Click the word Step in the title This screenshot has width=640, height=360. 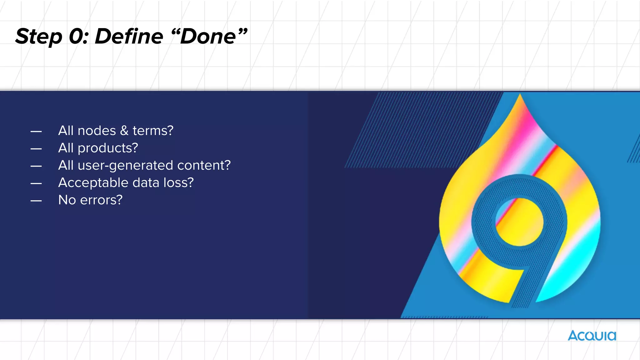[x=39, y=37]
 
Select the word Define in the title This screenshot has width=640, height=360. [x=129, y=36]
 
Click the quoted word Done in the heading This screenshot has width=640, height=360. [x=208, y=36]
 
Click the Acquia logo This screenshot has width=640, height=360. [x=592, y=336]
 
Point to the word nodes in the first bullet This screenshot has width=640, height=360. [x=97, y=131]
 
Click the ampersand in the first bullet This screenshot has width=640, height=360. [x=124, y=131]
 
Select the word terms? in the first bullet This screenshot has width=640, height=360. [x=153, y=131]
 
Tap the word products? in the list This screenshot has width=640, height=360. [x=107, y=148]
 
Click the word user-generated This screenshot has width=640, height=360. [x=125, y=165]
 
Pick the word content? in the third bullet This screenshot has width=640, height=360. [x=204, y=165]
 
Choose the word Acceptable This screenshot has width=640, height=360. [x=93, y=183]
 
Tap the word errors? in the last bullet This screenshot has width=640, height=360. [x=101, y=200]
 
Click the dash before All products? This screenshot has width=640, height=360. [x=36, y=149]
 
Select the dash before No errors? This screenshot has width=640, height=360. [x=36, y=201]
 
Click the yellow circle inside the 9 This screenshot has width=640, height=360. [x=519, y=222]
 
